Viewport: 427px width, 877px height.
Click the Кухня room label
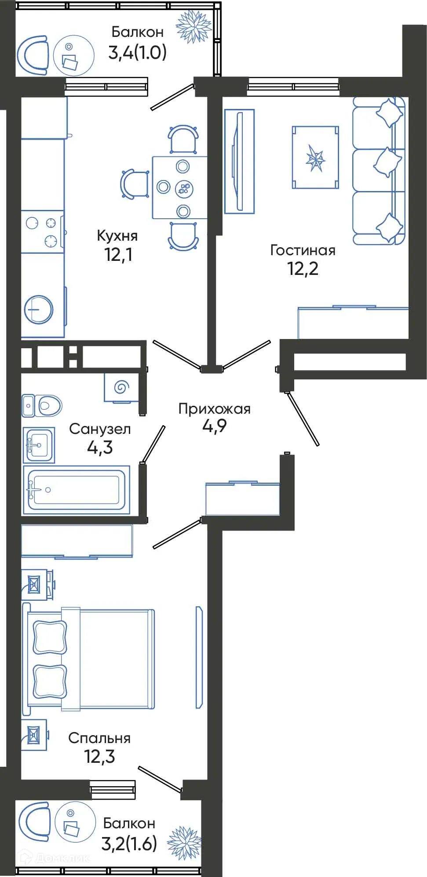pos(117,236)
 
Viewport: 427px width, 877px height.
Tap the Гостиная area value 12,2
pos(303,268)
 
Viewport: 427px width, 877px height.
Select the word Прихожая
pos(214,409)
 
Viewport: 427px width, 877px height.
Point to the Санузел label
pos(100,429)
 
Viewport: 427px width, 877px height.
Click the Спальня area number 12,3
pos(99,756)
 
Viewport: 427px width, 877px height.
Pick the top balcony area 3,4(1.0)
pos(137,53)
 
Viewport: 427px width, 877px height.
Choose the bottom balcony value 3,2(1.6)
pos(129,843)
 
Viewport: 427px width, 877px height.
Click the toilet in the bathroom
pos(43,405)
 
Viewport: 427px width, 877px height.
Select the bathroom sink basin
pos(39,444)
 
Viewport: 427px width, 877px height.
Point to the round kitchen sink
pos(39,309)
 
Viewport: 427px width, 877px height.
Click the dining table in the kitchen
pos(179,187)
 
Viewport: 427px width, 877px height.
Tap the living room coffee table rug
pos(315,158)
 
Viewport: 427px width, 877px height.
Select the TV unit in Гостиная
pos(239,162)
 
